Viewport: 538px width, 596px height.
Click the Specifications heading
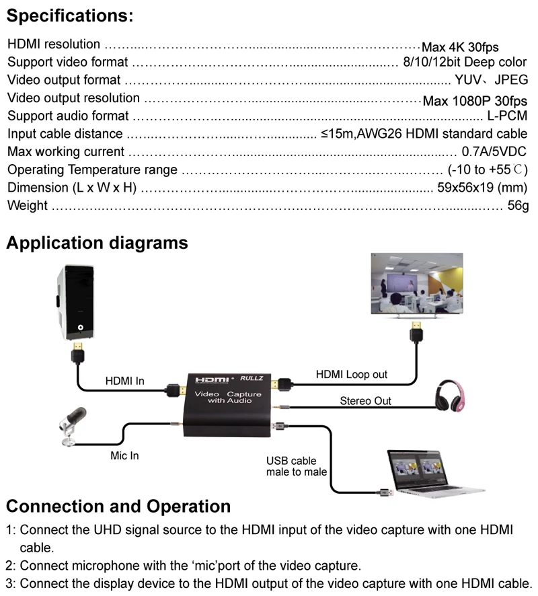70,16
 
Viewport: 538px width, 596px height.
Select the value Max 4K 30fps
460,47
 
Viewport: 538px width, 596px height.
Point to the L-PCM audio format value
507,116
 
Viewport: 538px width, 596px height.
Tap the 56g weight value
518,206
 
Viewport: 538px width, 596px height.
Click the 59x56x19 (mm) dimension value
482,188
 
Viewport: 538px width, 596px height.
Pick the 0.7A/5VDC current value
494,151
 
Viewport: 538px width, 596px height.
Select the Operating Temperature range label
92,170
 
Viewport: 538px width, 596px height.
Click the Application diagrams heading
98,243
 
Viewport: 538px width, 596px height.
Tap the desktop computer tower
75,302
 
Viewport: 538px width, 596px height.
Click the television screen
417,285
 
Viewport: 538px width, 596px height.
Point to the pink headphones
450,396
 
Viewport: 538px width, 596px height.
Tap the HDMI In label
124,381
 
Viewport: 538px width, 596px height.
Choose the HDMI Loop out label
352,375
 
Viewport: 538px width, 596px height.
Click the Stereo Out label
365,401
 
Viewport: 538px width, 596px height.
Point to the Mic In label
124,455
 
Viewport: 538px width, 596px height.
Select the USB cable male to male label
297,466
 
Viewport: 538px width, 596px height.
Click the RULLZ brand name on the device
252,378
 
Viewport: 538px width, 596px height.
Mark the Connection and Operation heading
118,507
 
